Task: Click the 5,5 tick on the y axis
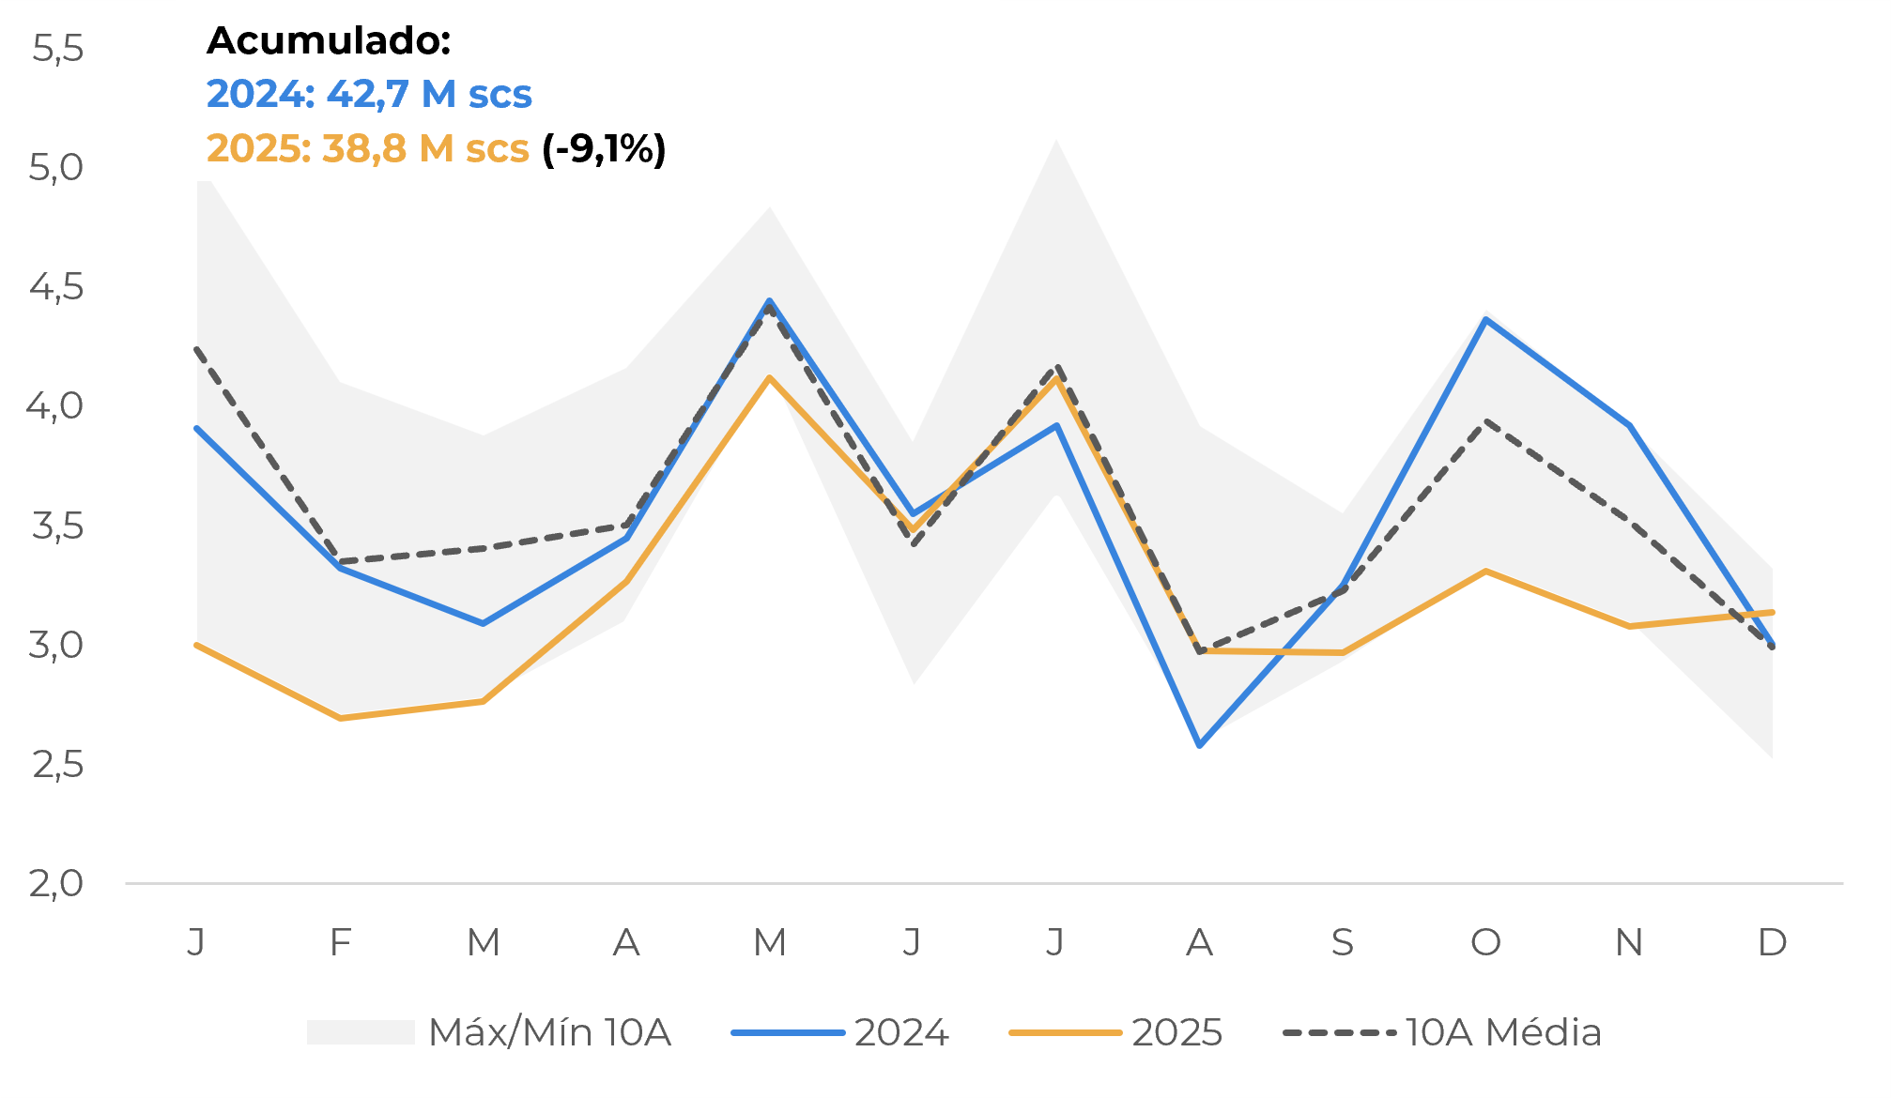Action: pos(57,48)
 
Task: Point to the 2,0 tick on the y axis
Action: pos(56,883)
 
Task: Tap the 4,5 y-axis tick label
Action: pos(56,286)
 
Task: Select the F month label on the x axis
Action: pos(340,941)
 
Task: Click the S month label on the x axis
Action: pos(1343,941)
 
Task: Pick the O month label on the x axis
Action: pos(1485,941)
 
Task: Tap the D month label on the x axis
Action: pos(1772,941)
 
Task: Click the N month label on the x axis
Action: pos(1629,941)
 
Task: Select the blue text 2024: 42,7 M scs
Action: pos(369,94)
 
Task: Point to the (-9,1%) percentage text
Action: pos(604,148)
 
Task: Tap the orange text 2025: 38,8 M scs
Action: pos(367,148)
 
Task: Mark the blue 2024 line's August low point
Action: pos(1199,745)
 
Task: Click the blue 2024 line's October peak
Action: pos(1485,319)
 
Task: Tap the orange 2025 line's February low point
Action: pos(340,718)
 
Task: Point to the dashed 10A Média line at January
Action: pos(197,349)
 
